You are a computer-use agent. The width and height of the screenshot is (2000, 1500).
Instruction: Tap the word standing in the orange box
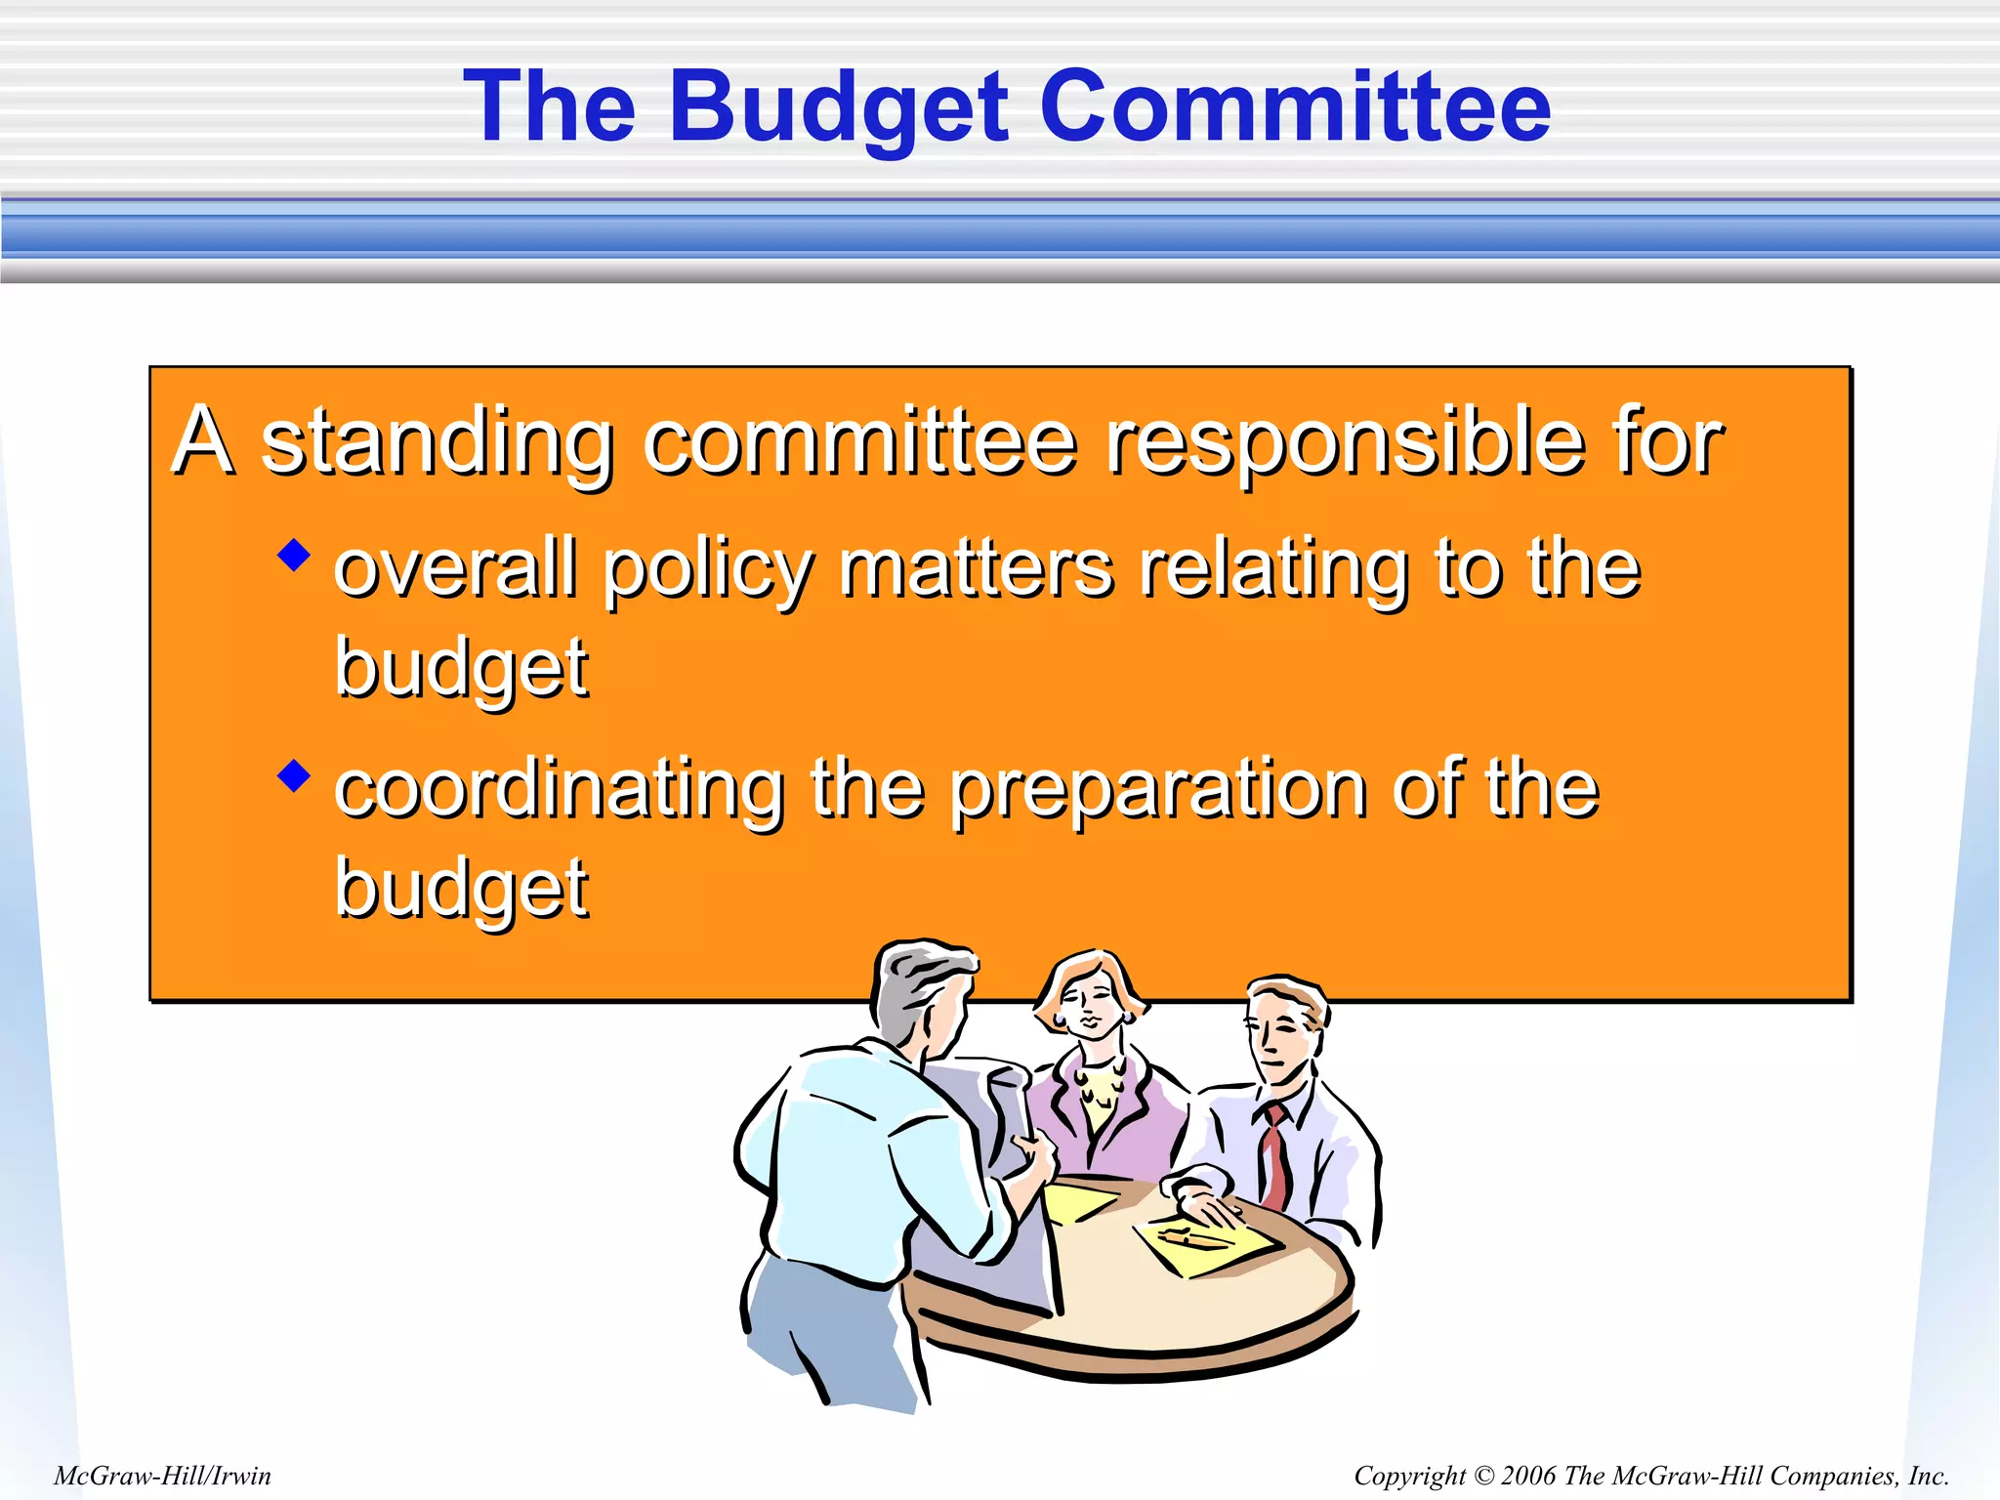[x=437, y=444]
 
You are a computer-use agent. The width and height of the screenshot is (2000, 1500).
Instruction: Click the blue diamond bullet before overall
[x=293, y=555]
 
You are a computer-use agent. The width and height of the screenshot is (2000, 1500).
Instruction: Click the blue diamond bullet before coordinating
[x=293, y=776]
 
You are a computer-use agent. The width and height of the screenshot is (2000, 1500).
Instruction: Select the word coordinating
[x=560, y=791]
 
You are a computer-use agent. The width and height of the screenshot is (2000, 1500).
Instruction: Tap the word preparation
[x=1158, y=791]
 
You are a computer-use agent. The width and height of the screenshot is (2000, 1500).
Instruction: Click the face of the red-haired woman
[x=1089, y=1006]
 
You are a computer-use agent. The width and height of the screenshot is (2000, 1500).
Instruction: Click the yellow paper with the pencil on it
[x=1206, y=1245]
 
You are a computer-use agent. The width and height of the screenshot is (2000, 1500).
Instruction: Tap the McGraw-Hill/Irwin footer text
[x=162, y=1476]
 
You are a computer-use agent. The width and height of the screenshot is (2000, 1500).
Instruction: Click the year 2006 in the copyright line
[x=1528, y=1476]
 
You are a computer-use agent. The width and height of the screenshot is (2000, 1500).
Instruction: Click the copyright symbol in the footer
[x=1483, y=1476]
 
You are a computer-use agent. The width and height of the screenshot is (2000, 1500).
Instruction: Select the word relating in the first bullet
[x=1274, y=571]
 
